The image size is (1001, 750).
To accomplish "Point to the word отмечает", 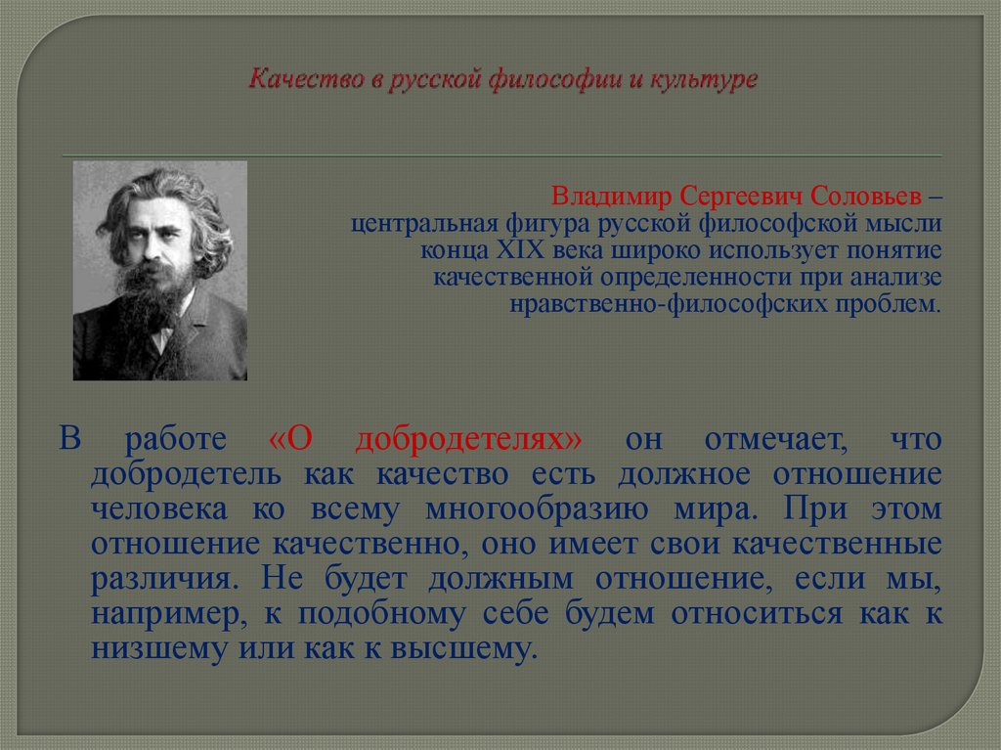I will (x=762, y=440).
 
